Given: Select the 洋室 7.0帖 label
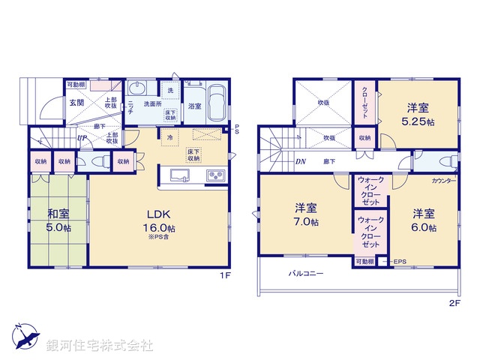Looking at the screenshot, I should point(305,214).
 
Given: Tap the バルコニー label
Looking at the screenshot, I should point(306,274).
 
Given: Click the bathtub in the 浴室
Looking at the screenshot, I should point(216,102).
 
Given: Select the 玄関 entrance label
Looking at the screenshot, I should point(77,103).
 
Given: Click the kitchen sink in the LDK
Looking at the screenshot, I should point(180,175).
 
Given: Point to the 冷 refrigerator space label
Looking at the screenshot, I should point(170,138).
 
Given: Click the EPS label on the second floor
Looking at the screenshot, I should point(399,261).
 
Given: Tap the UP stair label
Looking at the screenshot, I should point(80,138).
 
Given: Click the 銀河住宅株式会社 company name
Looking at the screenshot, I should point(99,346).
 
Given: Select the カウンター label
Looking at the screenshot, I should point(445,181).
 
